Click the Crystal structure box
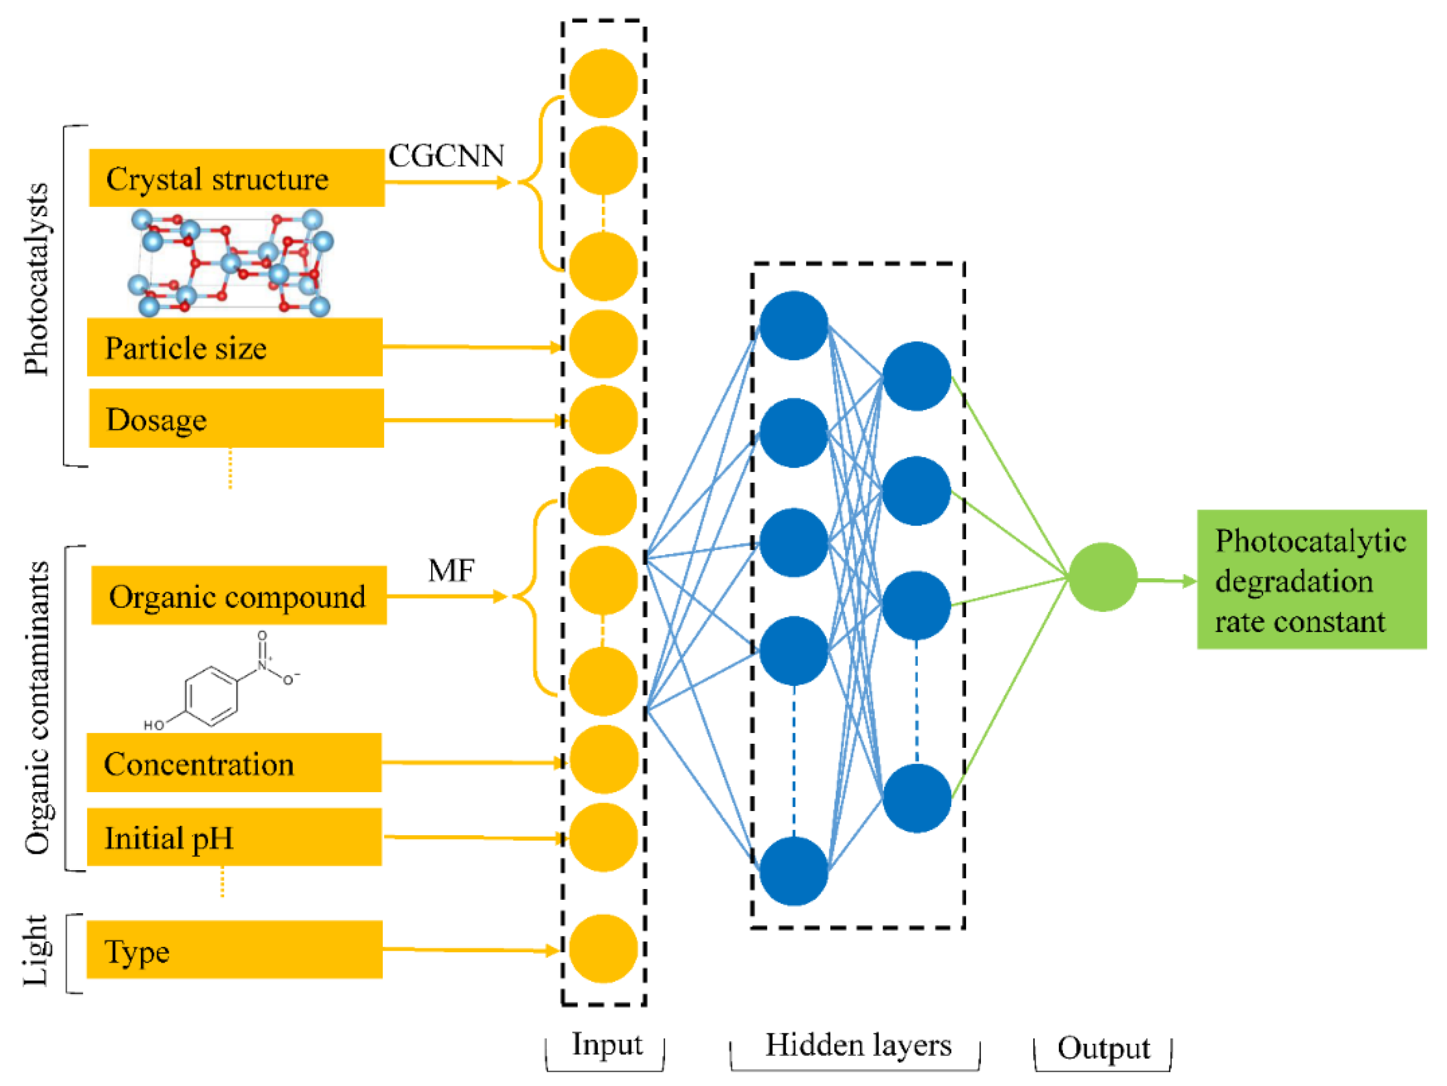[x=237, y=178]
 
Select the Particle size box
[x=235, y=347]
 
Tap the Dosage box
[x=236, y=419]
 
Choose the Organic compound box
[x=239, y=595]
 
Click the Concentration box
[x=234, y=763]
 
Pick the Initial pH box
[x=234, y=838]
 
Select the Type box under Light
[x=234, y=950]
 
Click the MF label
[x=451, y=570]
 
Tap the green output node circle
[x=1103, y=577]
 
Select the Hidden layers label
[x=858, y=1045]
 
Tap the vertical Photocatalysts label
[x=37, y=280]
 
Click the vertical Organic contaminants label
[x=37, y=708]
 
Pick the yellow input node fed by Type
[x=603, y=949]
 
